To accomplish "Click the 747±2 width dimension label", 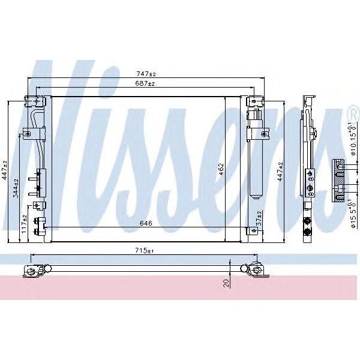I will (145, 74).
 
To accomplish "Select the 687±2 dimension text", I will (145, 84).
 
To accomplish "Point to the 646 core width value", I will (145, 223).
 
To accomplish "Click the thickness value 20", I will (226, 282).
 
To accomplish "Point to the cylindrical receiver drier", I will (256, 156).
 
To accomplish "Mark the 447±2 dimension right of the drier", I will (280, 171).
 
